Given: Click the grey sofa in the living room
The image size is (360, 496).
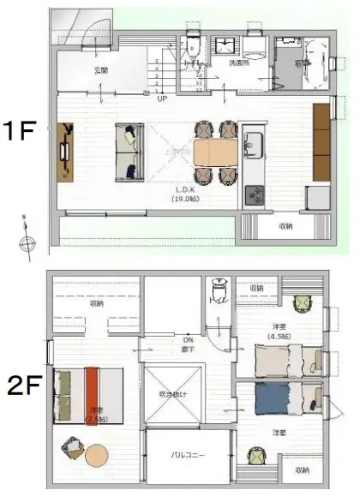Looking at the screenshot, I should coord(130,151).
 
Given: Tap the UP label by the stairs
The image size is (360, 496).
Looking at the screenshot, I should coord(162,99).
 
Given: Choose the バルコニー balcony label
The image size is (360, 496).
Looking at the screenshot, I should coord(186,455).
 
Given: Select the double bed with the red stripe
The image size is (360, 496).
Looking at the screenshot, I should coord(89,395).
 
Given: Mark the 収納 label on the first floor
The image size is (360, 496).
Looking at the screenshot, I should coord(285,227).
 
